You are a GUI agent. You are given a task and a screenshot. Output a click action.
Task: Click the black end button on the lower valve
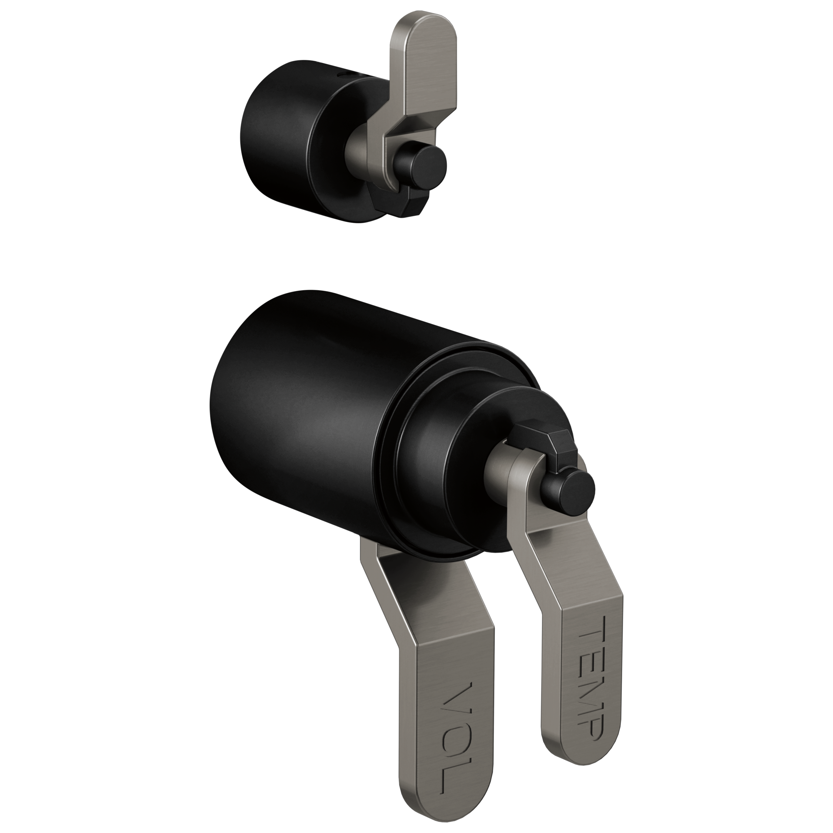click(x=575, y=490)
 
